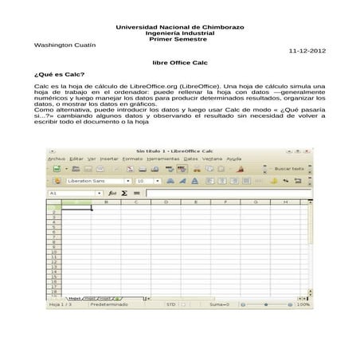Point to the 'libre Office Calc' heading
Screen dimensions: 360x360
[179, 61]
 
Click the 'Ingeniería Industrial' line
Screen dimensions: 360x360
[180, 33]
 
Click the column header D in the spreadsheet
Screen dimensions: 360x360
[165, 202]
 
